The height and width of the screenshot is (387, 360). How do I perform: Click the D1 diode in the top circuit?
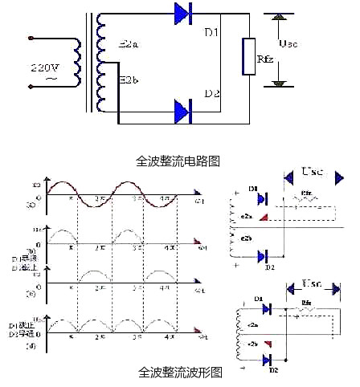click(186, 14)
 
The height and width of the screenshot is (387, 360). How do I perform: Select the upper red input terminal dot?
click(30, 37)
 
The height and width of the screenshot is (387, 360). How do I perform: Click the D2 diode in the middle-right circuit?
click(262, 256)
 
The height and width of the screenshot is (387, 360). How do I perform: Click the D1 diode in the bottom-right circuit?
click(268, 307)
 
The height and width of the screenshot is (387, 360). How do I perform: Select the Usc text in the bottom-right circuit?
click(313, 283)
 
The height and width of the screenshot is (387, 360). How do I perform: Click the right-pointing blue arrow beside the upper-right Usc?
click(340, 176)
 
